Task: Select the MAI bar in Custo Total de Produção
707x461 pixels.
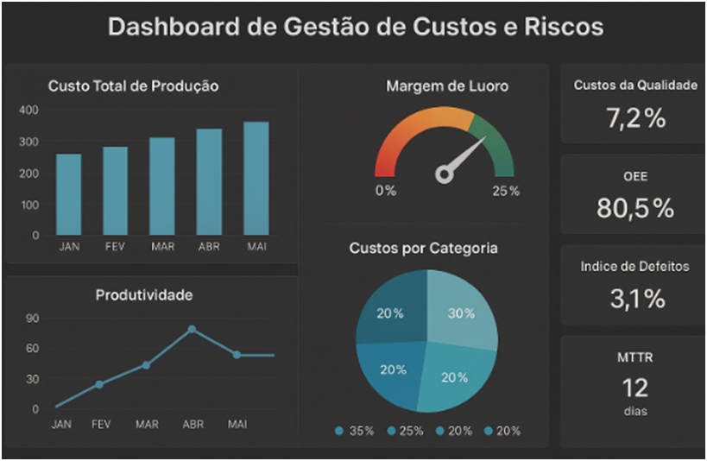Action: (x=256, y=178)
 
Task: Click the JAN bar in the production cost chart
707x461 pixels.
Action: (x=69, y=194)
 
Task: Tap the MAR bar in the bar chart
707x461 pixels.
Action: (x=161, y=186)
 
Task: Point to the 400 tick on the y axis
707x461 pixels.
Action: (x=28, y=111)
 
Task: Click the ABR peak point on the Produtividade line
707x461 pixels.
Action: (x=192, y=329)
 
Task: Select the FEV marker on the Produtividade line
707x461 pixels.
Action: (x=99, y=384)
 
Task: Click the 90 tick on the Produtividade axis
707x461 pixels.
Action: (x=33, y=318)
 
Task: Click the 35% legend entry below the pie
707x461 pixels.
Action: (x=354, y=431)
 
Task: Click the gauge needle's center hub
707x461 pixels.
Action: (x=445, y=175)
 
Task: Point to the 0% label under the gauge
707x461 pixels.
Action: (x=386, y=191)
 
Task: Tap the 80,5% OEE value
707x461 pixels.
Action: (x=635, y=208)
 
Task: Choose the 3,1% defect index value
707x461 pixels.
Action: (x=635, y=299)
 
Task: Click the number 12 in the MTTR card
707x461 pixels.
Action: (x=634, y=387)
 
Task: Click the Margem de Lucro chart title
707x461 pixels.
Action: (x=447, y=86)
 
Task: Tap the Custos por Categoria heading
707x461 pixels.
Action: (x=423, y=249)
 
